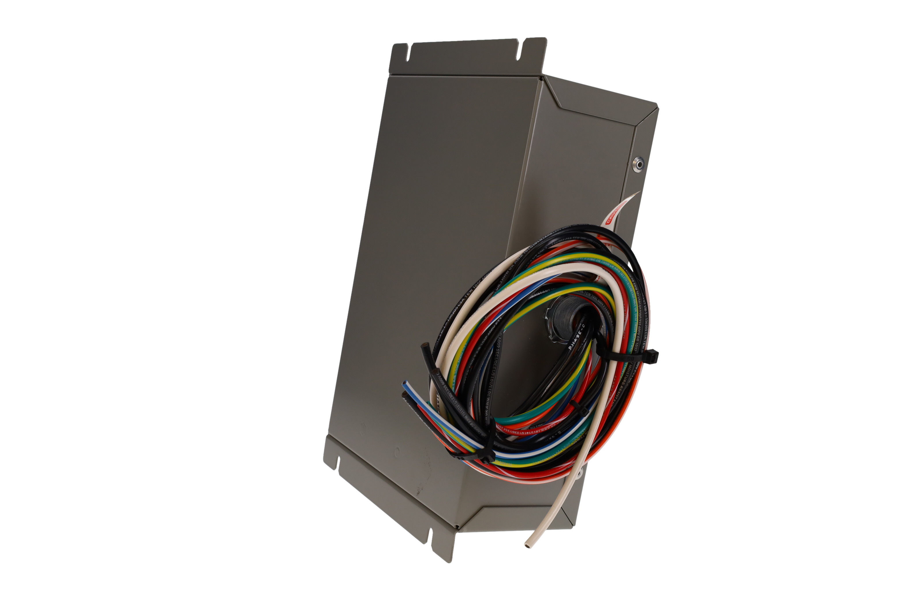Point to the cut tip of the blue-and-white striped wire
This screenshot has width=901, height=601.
[x=405, y=384]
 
